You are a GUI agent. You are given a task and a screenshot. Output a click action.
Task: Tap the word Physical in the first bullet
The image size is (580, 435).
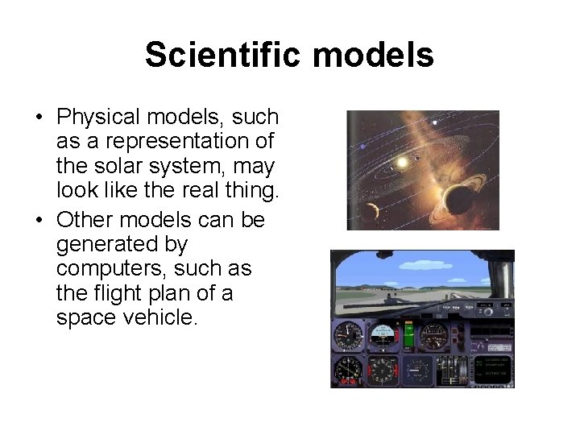[x=100, y=118]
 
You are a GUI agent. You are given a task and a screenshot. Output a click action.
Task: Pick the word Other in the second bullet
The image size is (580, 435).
[x=85, y=219]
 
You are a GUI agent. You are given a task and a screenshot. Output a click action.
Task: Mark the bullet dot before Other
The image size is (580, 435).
[x=39, y=221]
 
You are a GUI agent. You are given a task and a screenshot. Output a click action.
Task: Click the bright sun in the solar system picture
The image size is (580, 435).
[x=401, y=163]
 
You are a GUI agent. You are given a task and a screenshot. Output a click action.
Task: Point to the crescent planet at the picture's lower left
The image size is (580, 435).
[x=371, y=211]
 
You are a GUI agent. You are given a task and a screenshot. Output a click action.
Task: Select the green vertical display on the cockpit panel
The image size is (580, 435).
[x=408, y=333]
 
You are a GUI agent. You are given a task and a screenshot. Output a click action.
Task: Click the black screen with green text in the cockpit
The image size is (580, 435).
[x=493, y=368]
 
